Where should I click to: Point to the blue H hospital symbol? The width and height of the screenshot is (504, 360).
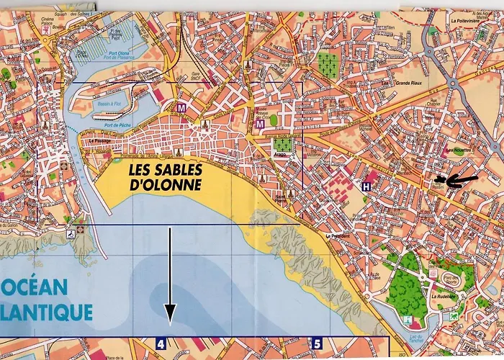tap(367, 186)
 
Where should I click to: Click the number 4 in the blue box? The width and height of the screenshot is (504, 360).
tap(161, 344)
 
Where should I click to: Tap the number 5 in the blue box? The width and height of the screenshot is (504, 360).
tap(317, 344)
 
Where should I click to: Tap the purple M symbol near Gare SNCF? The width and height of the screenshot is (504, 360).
tap(181, 108)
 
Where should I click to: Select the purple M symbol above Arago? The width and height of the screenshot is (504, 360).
tap(259, 125)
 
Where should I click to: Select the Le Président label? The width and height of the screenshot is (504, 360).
tap(337, 235)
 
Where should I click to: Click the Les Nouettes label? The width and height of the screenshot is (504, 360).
tap(461, 150)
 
